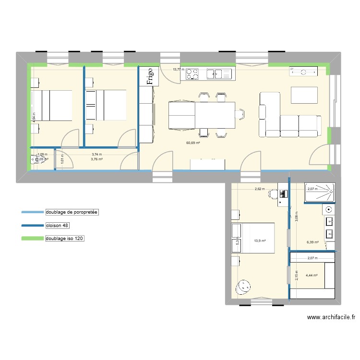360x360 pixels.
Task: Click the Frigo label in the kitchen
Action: (x=150, y=76)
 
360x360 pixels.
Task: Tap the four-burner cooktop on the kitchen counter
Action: (x=192, y=73)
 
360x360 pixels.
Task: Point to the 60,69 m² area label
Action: (x=193, y=143)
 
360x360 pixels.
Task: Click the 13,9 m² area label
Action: (x=260, y=241)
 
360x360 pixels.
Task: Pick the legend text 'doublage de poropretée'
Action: (x=72, y=212)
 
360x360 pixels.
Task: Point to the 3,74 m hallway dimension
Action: (x=97, y=154)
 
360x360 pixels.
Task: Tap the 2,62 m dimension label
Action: (x=260, y=189)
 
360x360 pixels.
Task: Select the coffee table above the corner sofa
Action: (x=305, y=95)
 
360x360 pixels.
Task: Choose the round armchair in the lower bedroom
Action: (x=243, y=288)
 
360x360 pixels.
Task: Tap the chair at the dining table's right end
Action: (x=241, y=114)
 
